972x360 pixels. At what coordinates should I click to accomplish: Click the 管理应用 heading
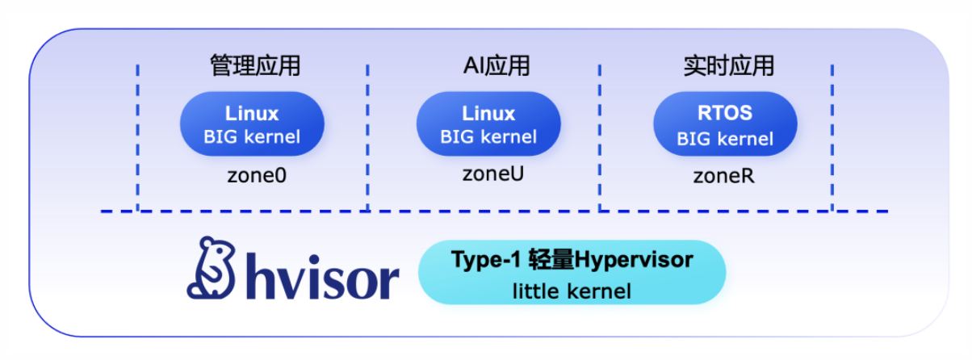point(254,66)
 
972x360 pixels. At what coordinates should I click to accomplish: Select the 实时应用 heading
point(727,66)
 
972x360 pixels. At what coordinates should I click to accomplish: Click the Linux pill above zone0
point(252,123)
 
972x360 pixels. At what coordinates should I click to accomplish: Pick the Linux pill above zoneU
point(488,123)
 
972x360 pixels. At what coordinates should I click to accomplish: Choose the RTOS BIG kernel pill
point(725,125)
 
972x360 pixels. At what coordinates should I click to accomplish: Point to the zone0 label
point(256,175)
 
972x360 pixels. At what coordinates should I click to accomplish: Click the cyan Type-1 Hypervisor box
point(572,273)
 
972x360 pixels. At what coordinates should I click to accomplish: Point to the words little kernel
point(572,291)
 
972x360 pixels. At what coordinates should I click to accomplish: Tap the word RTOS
point(724,113)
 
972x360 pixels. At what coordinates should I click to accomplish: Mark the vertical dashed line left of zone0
point(138,137)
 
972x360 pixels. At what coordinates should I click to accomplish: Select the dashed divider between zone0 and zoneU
point(368,137)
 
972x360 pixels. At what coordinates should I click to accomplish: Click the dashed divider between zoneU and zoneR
point(600,137)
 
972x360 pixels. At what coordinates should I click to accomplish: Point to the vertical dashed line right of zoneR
point(832,137)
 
